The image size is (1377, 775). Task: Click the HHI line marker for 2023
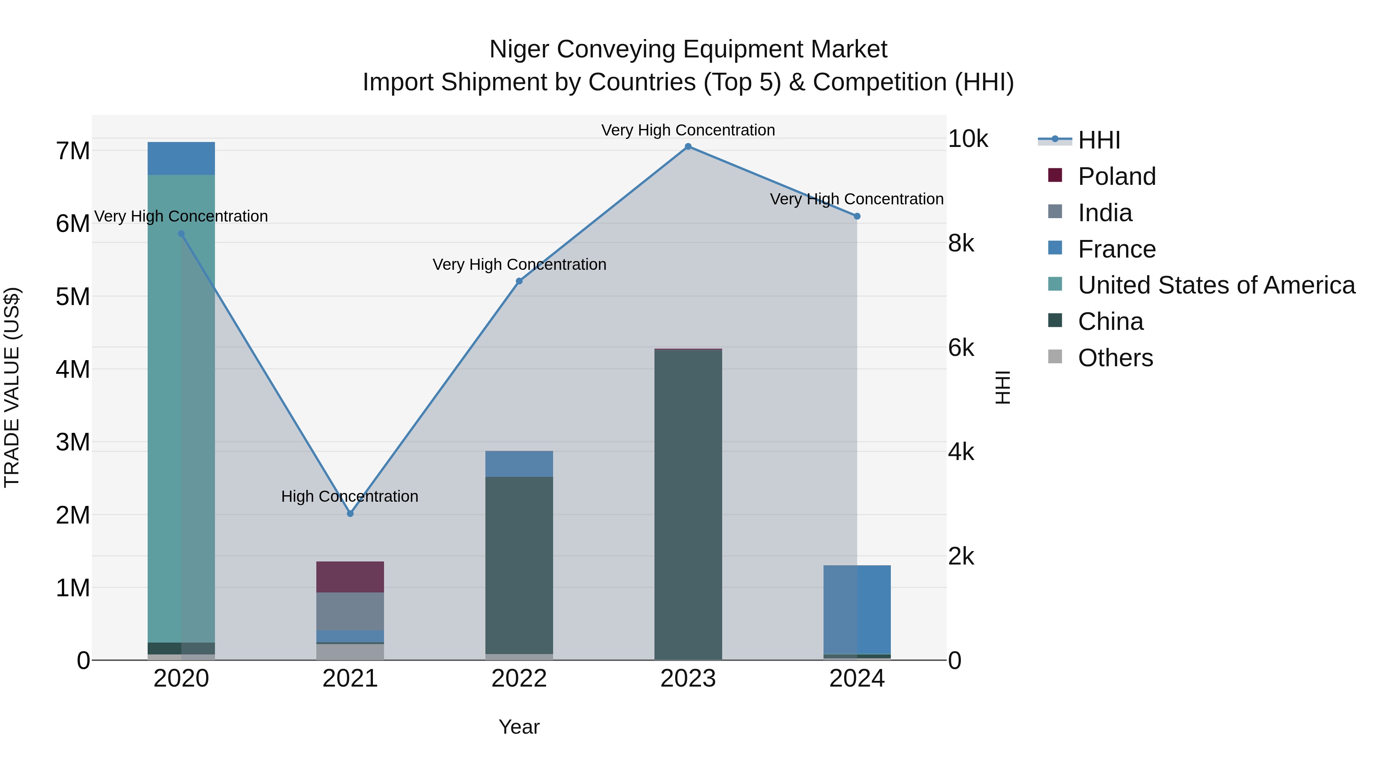pos(688,147)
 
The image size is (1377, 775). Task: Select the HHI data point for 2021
pos(350,514)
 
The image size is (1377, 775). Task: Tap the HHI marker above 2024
pos(857,216)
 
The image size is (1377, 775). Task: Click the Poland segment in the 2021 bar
pos(350,577)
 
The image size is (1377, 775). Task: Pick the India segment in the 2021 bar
pos(350,611)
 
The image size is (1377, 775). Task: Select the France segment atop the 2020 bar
pos(181,158)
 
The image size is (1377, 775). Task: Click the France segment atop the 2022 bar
pos(519,464)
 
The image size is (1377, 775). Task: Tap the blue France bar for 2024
pos(857,609)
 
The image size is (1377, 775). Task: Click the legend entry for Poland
pos(1116,176)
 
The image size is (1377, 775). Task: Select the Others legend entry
pos(1115,358)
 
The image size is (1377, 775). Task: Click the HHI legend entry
pos(1099,140)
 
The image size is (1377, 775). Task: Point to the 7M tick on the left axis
pos(73,151)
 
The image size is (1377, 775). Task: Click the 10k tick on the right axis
pos(968,139)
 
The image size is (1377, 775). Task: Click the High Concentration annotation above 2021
pos(350,496)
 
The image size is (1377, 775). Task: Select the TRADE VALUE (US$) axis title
pos(12,387)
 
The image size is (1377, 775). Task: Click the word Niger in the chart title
pos(519,50)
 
